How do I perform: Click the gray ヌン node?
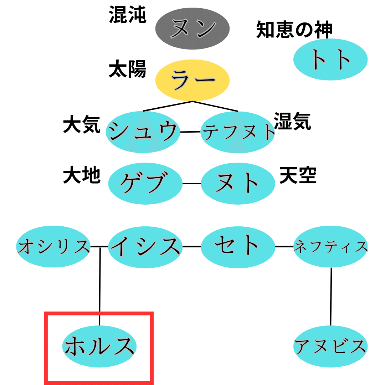192,28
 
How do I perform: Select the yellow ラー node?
192,79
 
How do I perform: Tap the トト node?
330,60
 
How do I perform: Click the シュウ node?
143,132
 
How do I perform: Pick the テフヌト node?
238,132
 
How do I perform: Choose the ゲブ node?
145,183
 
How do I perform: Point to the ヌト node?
238,183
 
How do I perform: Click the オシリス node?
53,246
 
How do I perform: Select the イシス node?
145,246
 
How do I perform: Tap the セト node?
238,246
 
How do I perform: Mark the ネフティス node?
330,246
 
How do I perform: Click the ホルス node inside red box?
99,346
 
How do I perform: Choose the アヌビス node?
330,346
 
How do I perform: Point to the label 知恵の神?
294,30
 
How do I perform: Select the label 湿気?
292,122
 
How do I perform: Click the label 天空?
298,175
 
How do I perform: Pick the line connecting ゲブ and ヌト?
192,184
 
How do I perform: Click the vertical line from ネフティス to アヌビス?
331,296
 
